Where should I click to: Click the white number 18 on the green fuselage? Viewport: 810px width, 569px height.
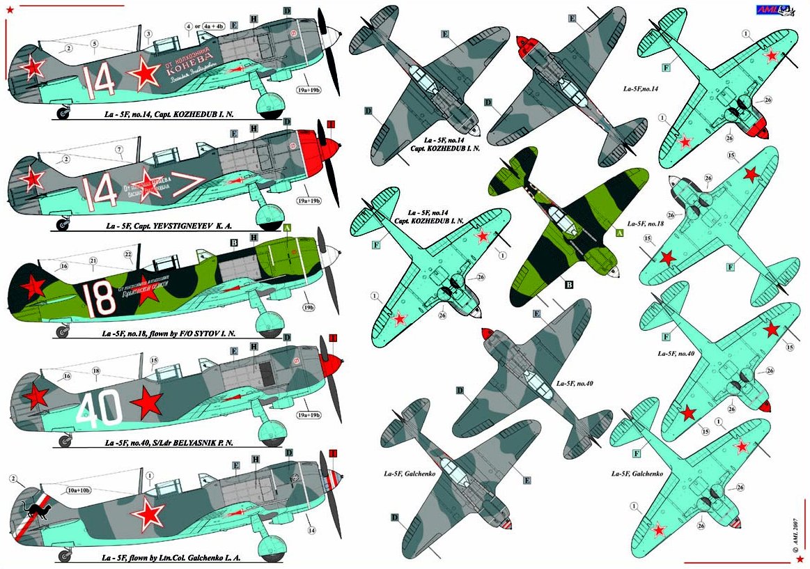coord(102,297)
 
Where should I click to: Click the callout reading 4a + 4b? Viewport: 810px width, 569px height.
coord(208,26)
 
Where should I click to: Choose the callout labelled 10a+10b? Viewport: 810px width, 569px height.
coord(82,490)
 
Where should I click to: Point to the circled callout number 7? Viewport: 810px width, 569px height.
coord(119,149)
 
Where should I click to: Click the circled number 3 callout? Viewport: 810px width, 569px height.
coord(148,33)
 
